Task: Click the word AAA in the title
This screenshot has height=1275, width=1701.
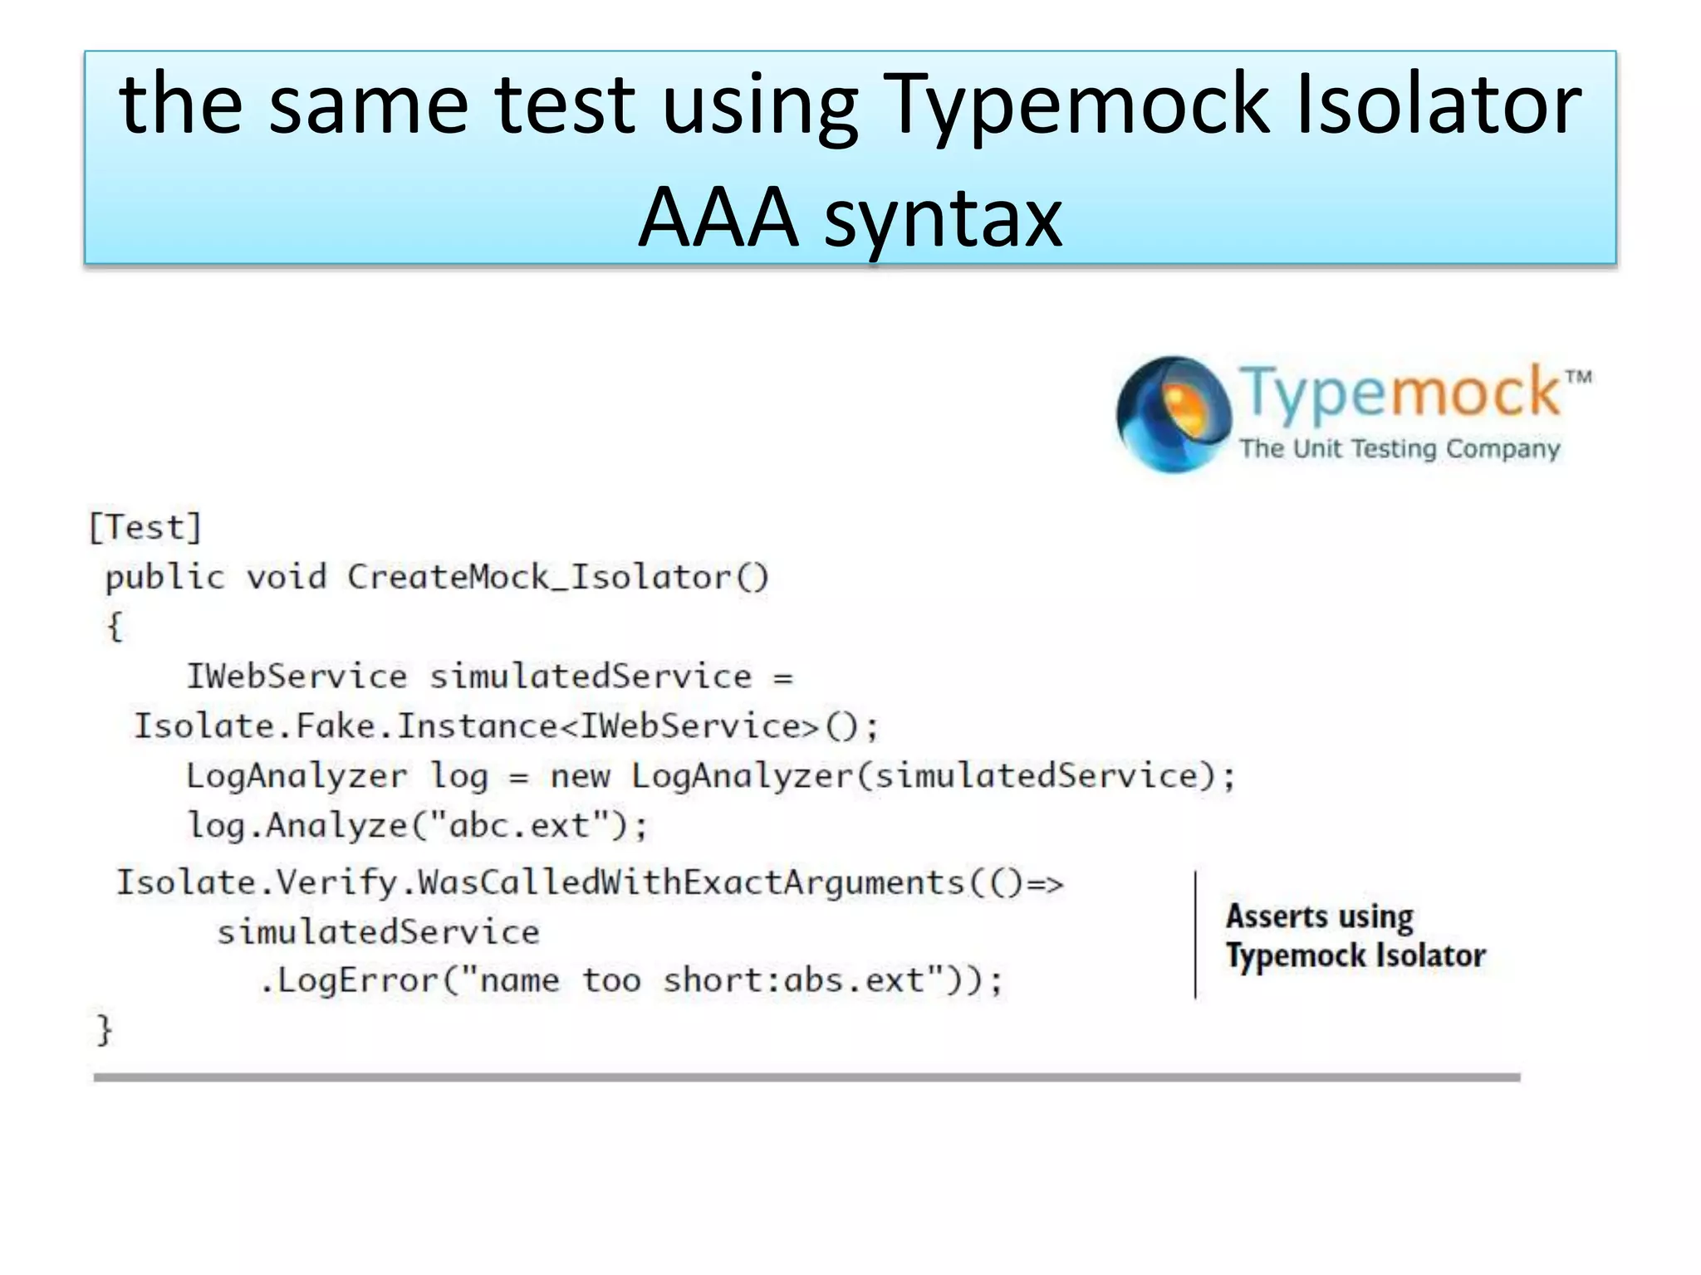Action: (x=718, y=217)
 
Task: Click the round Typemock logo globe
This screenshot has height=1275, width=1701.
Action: (x=1173, y=413)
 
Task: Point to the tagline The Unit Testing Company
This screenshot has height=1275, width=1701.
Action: (x=1400, y=448)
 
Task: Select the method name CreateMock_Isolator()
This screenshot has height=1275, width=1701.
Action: (x=558, y=577)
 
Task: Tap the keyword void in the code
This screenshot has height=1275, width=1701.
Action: (x=287, y=577)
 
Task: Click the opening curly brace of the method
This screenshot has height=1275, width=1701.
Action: (x=115, y=626)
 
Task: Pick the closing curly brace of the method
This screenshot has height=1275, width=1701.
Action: (x=104, y=1030)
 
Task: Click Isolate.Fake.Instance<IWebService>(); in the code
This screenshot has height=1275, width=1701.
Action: (x=506, y=726)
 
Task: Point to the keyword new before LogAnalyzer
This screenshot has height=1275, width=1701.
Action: (x=580, y=776)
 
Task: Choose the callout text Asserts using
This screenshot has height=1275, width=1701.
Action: (x=1319, y=916)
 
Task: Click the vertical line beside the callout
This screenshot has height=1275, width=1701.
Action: (x=1195, y=935)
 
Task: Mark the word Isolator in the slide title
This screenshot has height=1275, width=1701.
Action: (x=1439, y=105)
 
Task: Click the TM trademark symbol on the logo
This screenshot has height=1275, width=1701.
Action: (x=1578, y=378)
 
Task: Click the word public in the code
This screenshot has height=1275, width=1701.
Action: (x=165, y=577)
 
